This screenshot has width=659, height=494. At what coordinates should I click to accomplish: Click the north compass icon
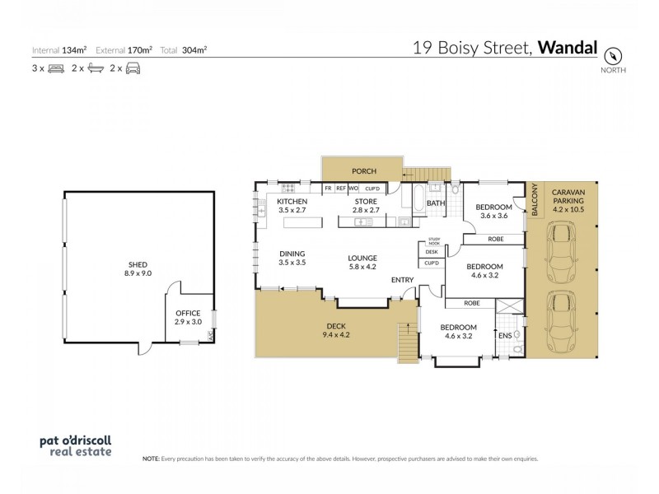[x=613, y=55]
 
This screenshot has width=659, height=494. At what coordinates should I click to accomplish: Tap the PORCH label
[x=363, y=171]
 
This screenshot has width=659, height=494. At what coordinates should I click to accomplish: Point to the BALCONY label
[x=533, y=201]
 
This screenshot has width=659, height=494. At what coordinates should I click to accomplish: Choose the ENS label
[x=503, y=335]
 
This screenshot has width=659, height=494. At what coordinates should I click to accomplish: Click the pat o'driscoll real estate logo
[x=75, y=445]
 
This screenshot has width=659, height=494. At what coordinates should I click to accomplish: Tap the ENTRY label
[x=402, y=280]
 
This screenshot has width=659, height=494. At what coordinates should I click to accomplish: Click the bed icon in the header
[x=56, y=69]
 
